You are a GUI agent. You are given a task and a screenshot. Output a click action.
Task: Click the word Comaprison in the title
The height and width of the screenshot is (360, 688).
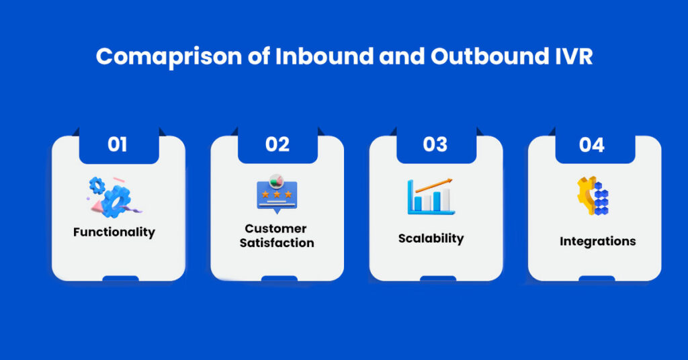[x=169, y=57]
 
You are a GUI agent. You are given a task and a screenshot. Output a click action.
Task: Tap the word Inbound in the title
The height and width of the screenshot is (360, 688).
[x=325, y=56]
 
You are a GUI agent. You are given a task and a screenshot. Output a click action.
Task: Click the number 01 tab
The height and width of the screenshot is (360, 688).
[x=118, y=144]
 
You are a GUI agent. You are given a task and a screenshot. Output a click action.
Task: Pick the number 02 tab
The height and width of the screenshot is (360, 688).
[x=277, y=144]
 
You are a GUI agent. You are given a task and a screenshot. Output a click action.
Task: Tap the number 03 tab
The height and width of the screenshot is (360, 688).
[x=436, y=144]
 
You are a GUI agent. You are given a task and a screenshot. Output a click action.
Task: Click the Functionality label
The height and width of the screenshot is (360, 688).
[x=114, y=232]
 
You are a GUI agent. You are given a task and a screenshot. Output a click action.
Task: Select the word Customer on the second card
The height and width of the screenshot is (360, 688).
[x=275, y=228]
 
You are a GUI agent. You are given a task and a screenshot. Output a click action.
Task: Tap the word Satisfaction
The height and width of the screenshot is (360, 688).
[x=277, y=242]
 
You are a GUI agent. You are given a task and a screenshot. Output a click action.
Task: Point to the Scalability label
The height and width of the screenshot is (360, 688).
[x=431, y=238]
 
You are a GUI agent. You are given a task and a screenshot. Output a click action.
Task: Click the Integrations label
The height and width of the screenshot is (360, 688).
[x=597, y=242]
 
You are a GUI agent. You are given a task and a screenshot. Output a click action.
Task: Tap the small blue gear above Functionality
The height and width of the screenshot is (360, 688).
[x=97, y=185]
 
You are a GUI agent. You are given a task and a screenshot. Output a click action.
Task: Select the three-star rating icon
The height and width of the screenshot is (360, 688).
[x=277, y=194]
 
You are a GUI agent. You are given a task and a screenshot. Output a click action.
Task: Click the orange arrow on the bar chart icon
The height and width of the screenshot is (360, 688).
[x=434, y=185]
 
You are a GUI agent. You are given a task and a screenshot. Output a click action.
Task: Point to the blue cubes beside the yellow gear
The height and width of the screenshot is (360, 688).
[x=601, y=198]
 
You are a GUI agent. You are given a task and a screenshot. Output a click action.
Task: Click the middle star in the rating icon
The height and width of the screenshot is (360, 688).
[x=277, y=194]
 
